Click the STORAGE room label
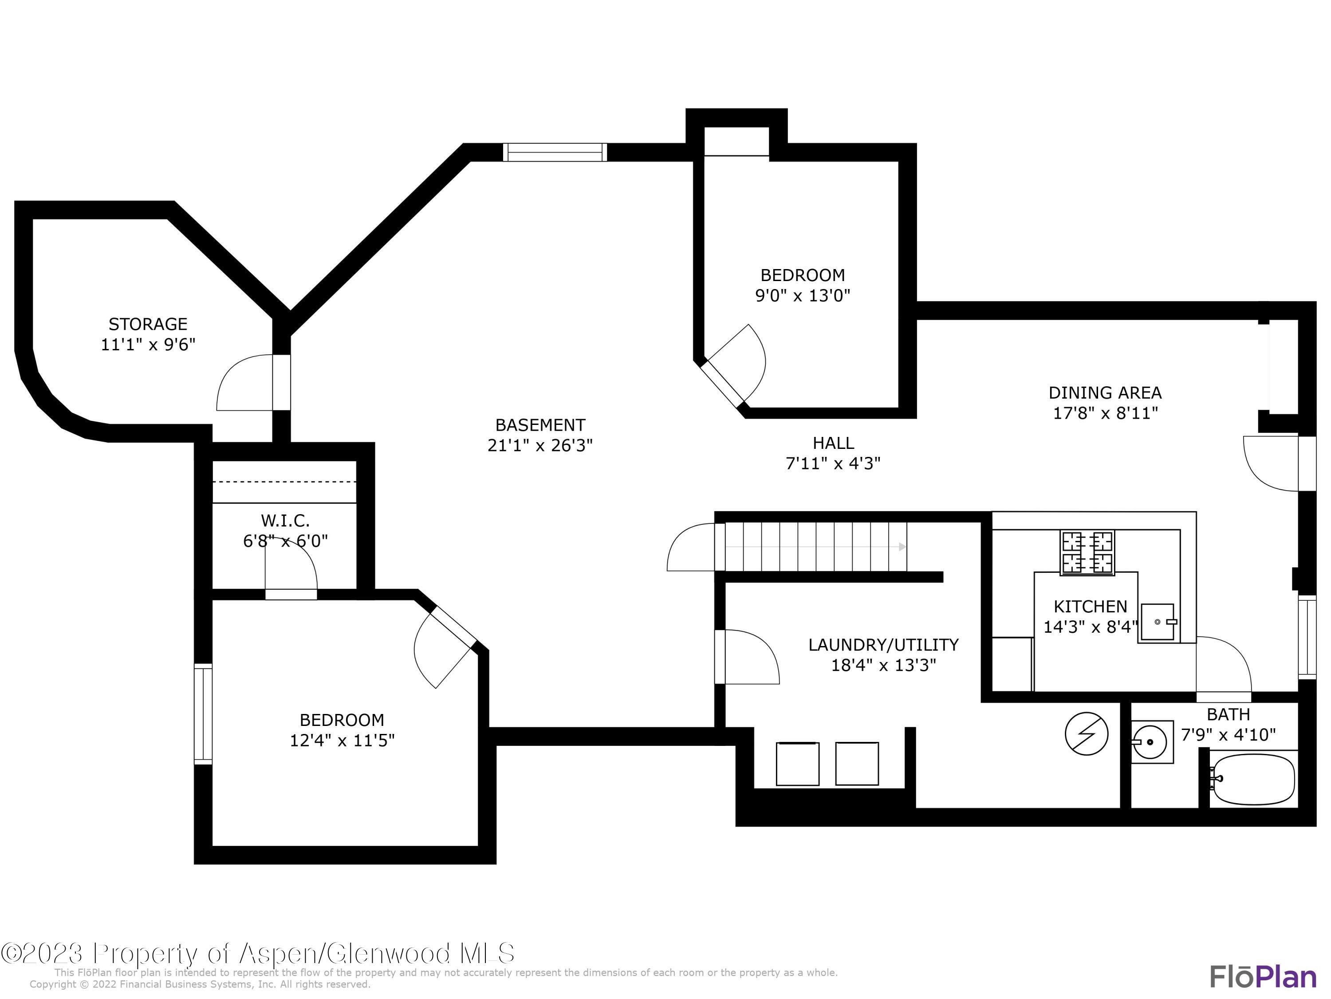point(148,324)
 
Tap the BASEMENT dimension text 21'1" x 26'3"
point(540,446)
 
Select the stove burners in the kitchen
point(1087,552)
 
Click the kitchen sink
point(1158,622)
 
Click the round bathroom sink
point(1150,742)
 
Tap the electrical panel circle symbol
point(1087,734)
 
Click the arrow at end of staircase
point(902,547)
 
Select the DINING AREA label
point(1105,392)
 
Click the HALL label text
point(833,443)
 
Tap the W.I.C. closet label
point(285,520)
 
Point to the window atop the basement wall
point(555,152)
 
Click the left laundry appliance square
point(797,764)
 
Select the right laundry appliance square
point(857,764)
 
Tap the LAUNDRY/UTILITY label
point(883,645)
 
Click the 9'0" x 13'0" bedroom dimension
point(803,296)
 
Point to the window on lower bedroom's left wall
point(203,714)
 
